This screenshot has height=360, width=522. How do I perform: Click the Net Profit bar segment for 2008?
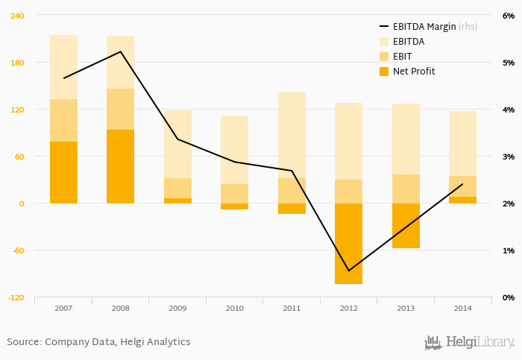click(x=120, y=166)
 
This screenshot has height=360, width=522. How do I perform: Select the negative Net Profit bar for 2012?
click(x=348, y=243)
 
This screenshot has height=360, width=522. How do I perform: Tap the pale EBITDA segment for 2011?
click(x=292, y=135)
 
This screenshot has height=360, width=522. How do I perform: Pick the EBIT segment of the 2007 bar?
click(x=63, y=120)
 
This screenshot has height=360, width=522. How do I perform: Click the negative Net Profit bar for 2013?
click(x=406, y=225)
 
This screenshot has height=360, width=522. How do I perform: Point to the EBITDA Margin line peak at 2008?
click(x=121, y=51)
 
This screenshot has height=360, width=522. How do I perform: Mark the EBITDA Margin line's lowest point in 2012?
click(x=348, y=271)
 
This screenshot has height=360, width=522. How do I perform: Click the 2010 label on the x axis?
click(x=234, y=307)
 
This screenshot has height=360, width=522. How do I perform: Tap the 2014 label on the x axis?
click(x=462, y=307)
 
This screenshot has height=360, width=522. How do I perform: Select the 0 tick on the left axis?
click(x=22, y=203)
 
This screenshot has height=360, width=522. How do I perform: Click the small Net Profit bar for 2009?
click(x=177, y=200)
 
